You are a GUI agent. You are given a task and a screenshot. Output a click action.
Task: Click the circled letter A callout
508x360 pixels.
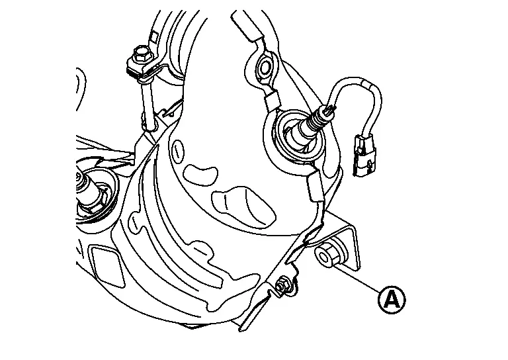392,300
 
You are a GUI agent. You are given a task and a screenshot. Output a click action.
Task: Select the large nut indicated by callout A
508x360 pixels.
325,256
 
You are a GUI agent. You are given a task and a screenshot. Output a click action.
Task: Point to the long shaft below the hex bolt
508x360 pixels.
148,104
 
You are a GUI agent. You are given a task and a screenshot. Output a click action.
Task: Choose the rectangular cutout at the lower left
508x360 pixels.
106,266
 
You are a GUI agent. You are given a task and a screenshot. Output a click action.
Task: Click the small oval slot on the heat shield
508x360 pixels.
177,149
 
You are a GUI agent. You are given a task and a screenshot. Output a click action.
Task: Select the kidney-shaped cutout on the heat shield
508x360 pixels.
200,175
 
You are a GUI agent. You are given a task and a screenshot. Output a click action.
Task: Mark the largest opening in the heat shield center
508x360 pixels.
243,206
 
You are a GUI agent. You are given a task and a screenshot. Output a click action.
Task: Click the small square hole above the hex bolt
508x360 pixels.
155,36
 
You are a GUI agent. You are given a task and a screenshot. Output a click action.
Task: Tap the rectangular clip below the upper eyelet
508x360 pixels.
271,101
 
